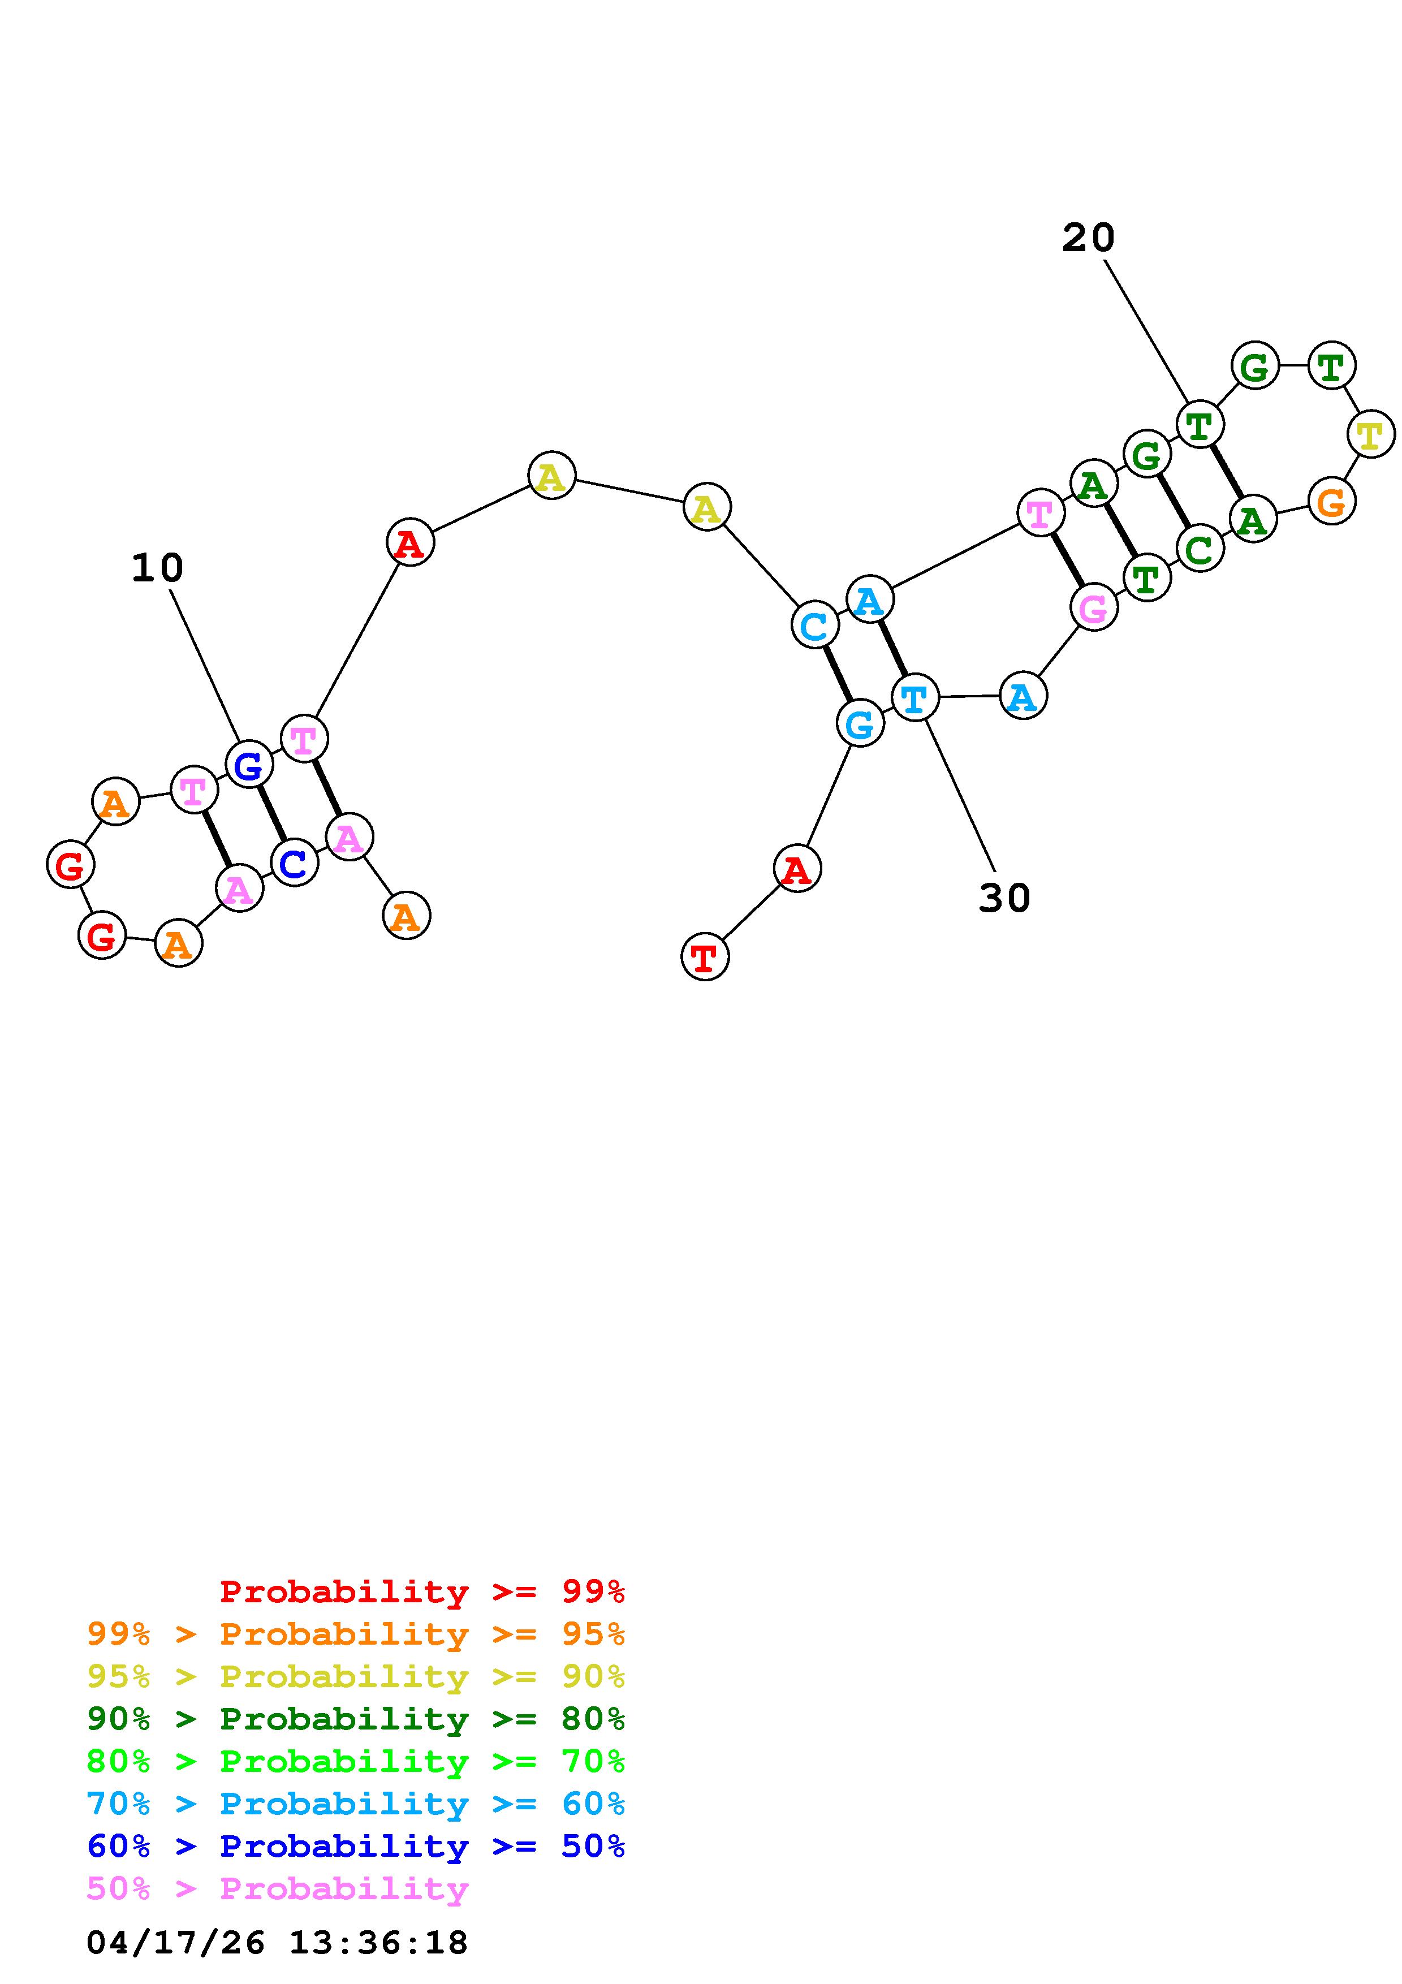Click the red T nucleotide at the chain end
click(704, 956)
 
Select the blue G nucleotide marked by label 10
click(249, 765)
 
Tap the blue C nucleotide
click(294, 863)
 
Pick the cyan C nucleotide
click(814, 625)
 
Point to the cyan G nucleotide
click(860, 723)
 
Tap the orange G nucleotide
click(1331, 501)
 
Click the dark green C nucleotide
click(1199, 549)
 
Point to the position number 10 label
click(157, 568)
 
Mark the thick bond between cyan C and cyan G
click(837, 674)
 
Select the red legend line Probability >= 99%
click(421, 1591)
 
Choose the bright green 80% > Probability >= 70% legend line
click(355, 1760)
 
